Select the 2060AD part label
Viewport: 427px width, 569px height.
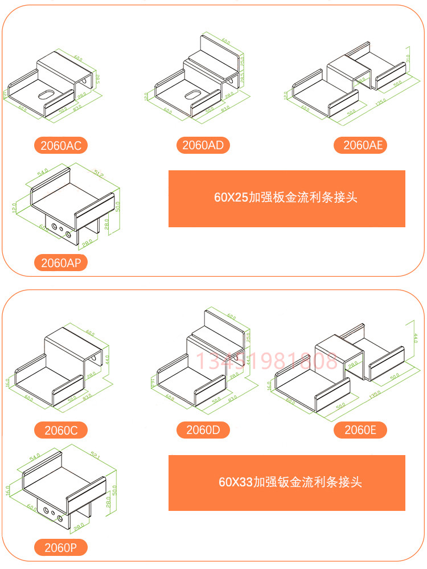(203, 145)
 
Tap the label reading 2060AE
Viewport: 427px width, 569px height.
(360, 145)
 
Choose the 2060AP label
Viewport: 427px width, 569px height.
(60, 263)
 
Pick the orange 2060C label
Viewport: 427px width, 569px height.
(61, 431)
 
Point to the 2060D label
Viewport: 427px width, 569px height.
(203, 430)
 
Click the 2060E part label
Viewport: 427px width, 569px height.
(360, 430)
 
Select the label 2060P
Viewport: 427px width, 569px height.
(60, 548)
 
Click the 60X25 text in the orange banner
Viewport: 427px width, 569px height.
(231, 198)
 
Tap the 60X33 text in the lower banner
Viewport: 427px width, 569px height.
(235, 482)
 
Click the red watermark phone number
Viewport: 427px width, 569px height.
(267, 361)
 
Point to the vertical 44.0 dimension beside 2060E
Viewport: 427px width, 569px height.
(415, 339)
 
